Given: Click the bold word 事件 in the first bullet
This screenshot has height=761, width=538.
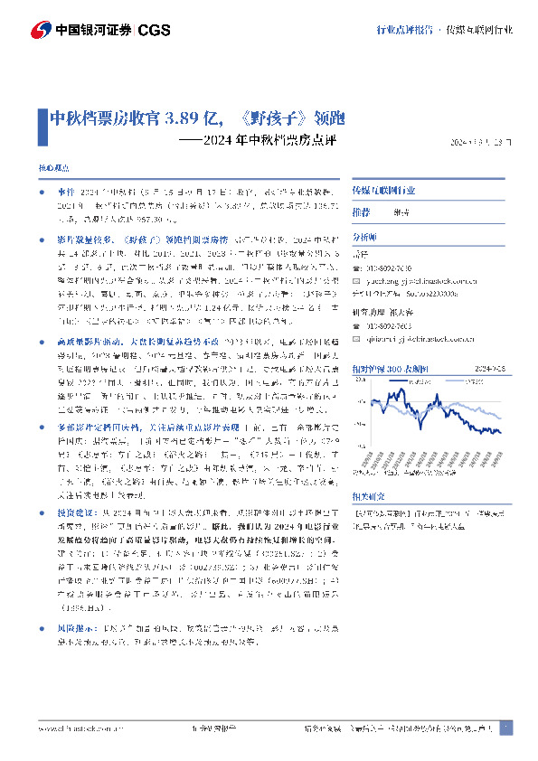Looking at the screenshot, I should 66,193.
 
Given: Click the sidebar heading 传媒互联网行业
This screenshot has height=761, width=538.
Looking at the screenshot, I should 383,192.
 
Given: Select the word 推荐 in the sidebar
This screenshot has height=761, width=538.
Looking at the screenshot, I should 361,211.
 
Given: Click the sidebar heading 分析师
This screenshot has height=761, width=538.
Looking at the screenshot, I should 364,235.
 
